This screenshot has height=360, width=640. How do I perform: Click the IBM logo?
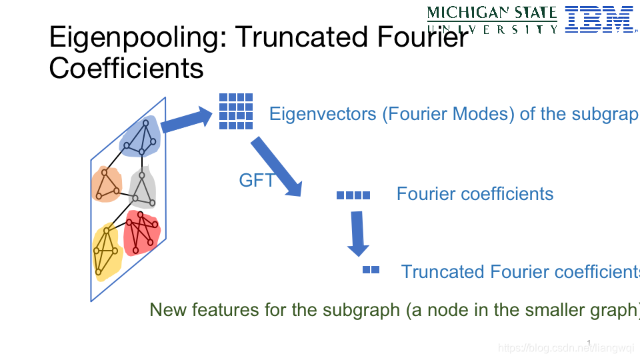(x=598, y=19)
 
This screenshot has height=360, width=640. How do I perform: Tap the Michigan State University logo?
(x=492, y=19)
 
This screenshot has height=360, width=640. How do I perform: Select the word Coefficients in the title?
(x=126, y=68)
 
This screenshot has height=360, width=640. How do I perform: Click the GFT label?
(x=256, y=180)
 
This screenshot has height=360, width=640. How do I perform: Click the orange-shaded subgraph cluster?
(x=105, y=184)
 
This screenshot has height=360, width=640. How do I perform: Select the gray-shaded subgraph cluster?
(x=143, y=188)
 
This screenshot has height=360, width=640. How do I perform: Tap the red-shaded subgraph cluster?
(x=142, y=232)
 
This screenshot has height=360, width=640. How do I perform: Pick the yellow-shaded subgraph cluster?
(x=106, y=251)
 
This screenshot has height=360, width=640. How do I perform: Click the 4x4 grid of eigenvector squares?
(x=236, y=111)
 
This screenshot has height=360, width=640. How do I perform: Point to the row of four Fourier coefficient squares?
(x=353, y=195)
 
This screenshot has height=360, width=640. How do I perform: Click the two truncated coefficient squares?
(x=371, y=270)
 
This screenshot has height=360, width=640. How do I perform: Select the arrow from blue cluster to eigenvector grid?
(x=186, y=120)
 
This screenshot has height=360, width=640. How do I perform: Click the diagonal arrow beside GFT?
(x=277, y=166)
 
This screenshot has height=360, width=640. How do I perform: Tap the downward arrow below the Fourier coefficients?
(x=358, y=233)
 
